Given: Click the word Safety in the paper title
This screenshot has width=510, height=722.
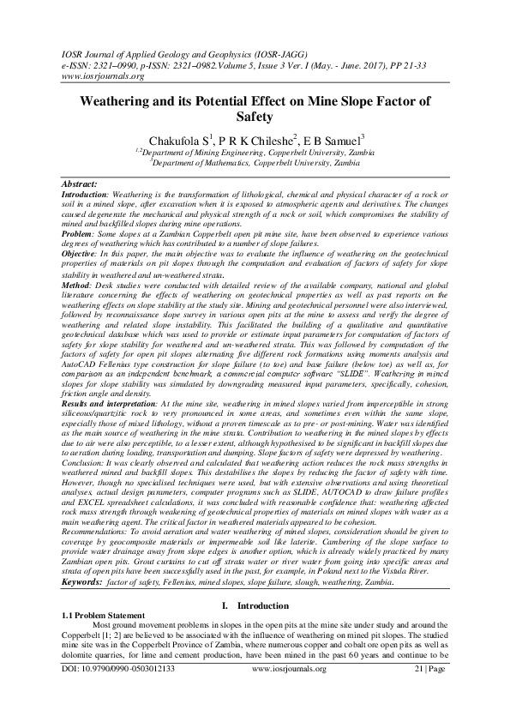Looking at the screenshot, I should coord(255,117).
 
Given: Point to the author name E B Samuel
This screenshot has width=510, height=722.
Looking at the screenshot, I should coord(335,140).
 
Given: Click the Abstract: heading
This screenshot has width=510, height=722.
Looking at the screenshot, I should coord(85,184).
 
